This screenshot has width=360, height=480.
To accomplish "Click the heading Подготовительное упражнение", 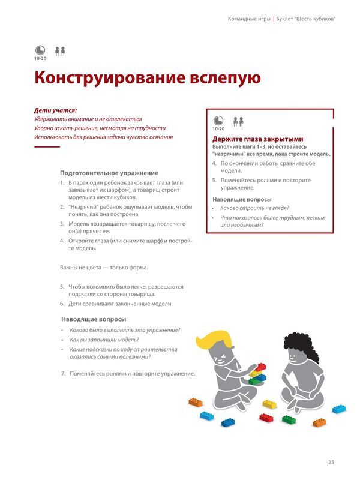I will (x=105, y=173).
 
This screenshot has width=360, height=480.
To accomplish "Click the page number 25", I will (x=331, y=462).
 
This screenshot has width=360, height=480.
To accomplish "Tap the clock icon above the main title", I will (x=40, y=50).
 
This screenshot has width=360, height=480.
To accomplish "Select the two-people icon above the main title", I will (x=59, y=51).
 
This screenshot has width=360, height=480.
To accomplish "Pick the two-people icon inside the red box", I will (x=238, y=121).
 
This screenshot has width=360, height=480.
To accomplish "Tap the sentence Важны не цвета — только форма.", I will (x=103, y=267).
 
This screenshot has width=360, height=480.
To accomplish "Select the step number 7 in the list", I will (x=64, y=374).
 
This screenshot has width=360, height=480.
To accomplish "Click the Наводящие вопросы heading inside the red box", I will (x=242, y=199).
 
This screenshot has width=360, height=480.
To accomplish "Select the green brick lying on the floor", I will (x=289, y=419).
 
